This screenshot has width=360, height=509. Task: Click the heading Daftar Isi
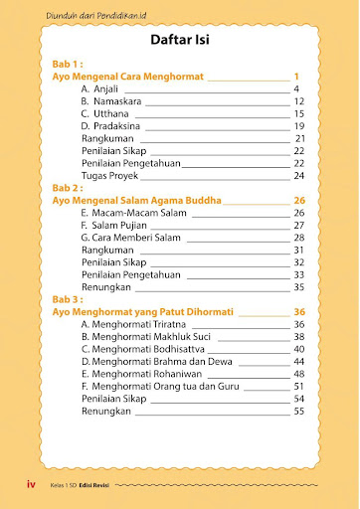[179, 42]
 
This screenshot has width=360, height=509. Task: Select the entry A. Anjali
[99, 89]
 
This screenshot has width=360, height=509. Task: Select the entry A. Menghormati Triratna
[132, 324]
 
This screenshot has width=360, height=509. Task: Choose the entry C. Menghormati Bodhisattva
[140, 349]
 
